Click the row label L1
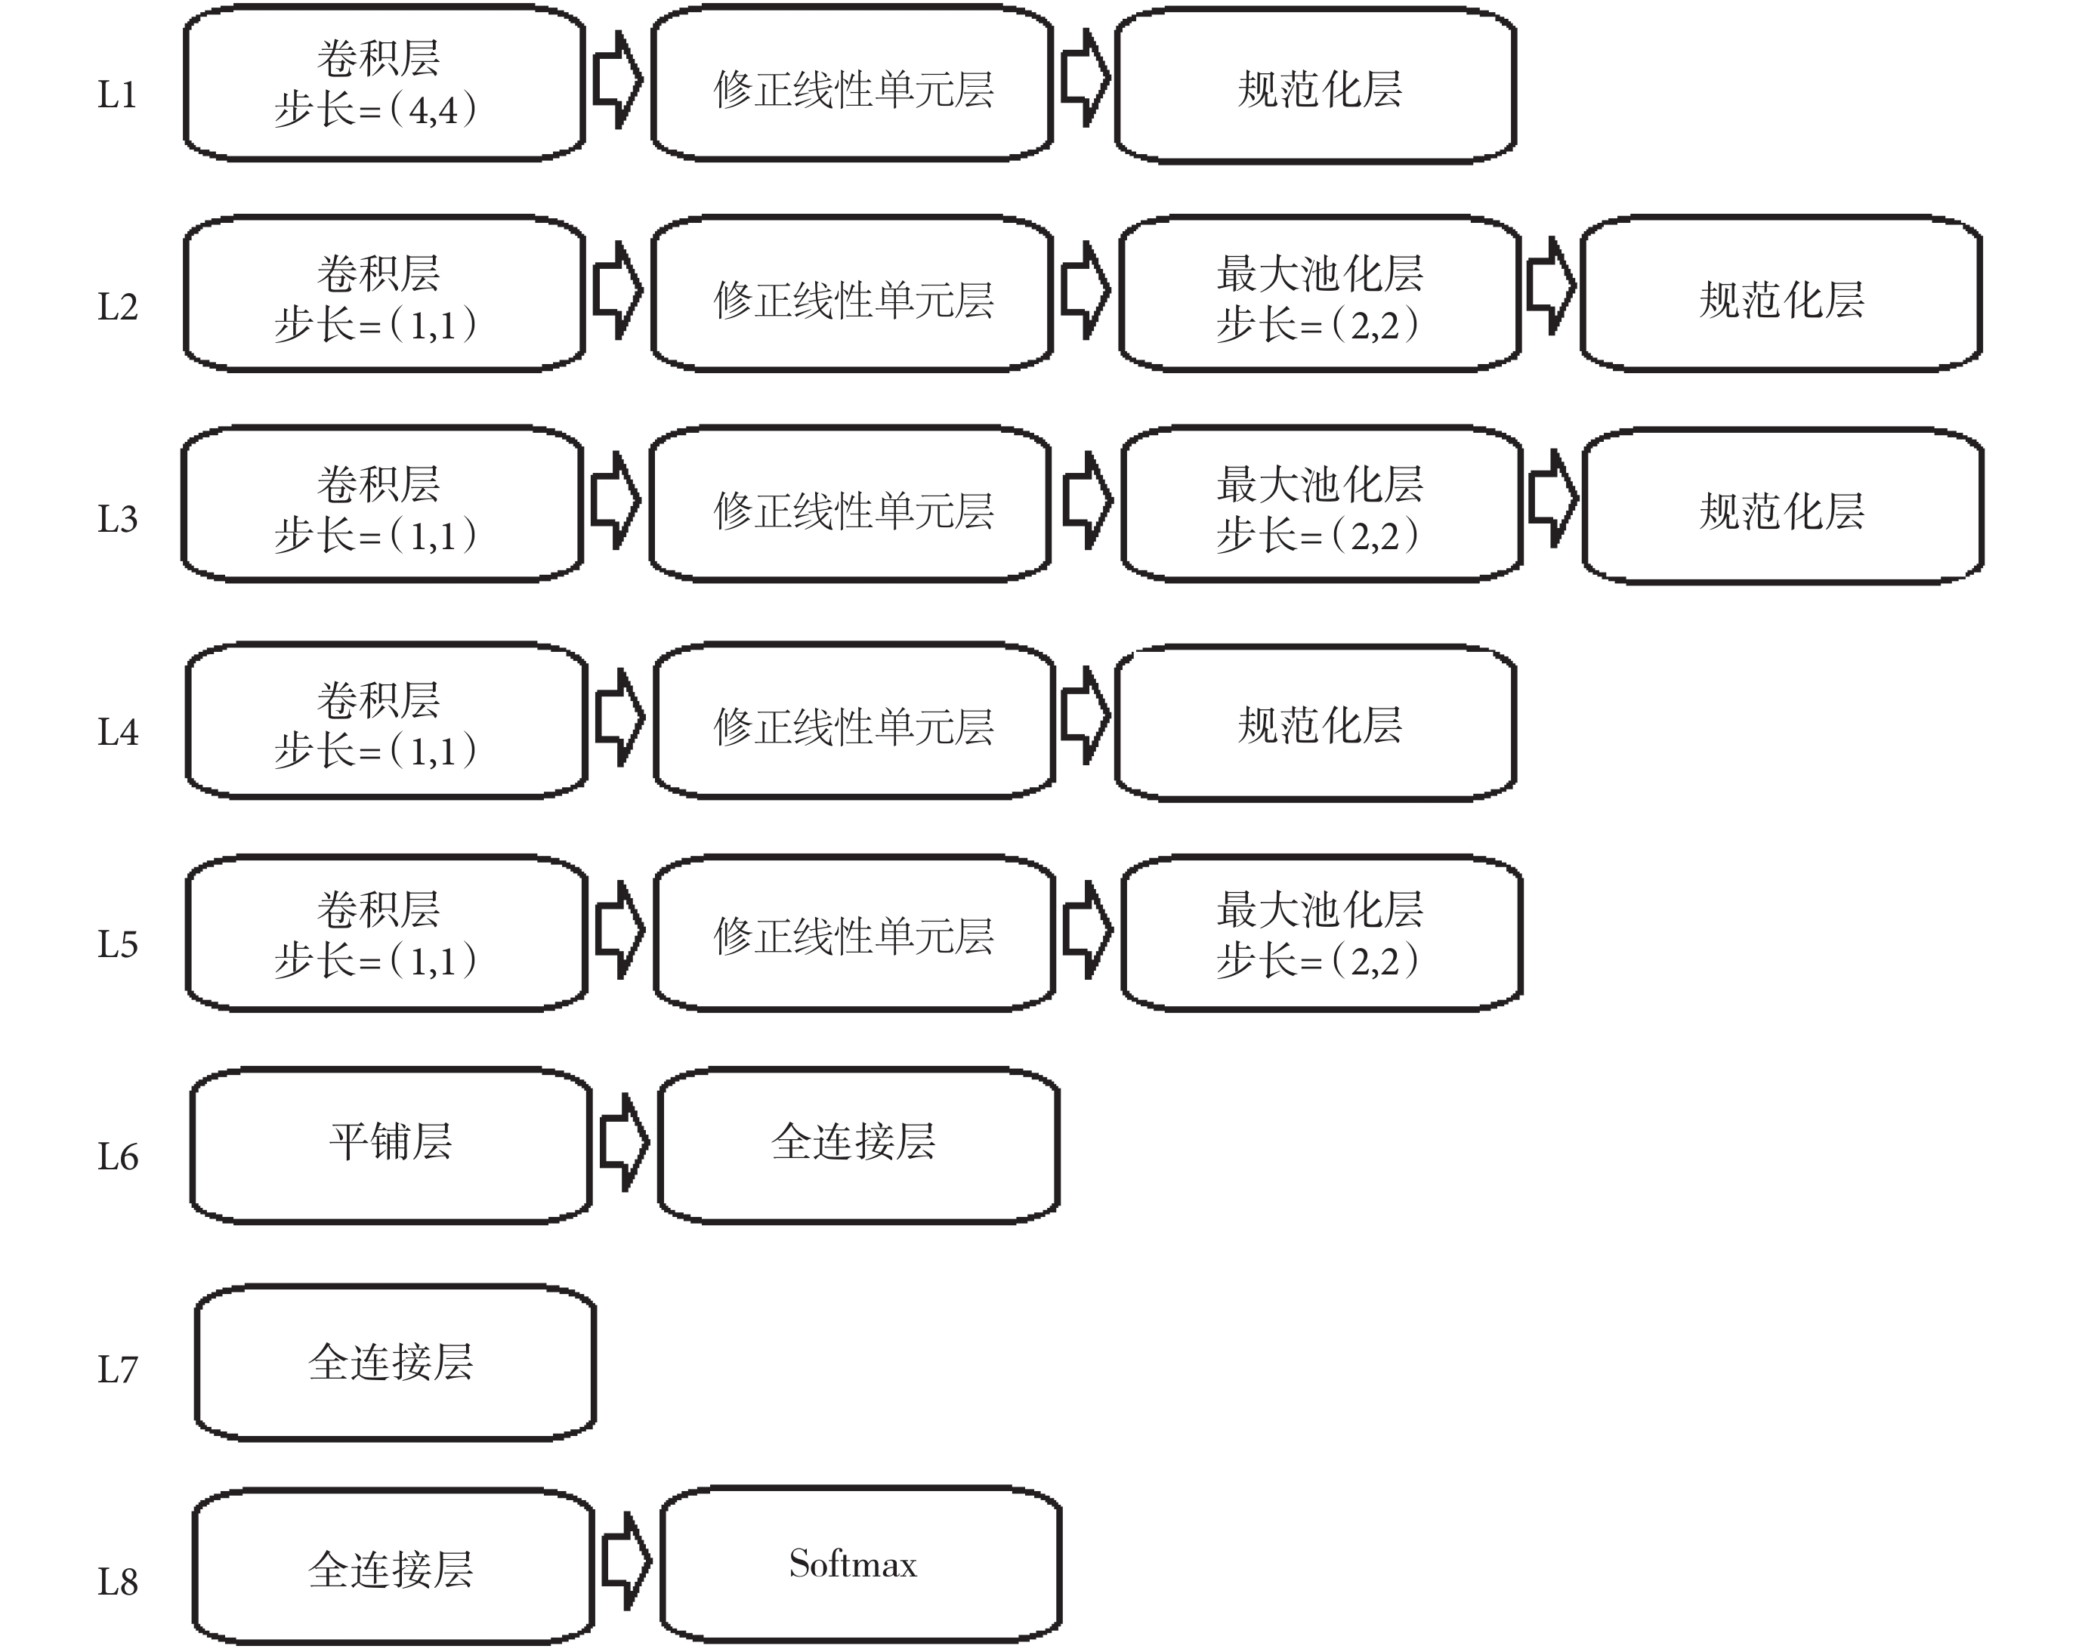point(117,94)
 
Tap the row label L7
point(117,1369)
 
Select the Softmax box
point(860,1564)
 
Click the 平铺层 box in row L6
point(391,1145)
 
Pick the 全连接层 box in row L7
point(395,1362)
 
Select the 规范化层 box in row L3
point(1783,506)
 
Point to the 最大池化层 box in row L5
point(1322,934)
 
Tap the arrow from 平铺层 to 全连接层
point(625,1142)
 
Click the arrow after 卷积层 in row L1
point(617,79)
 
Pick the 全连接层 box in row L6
point(858,1145)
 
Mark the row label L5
point(117,944)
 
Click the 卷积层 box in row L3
point(382,504)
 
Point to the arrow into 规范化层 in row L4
point(1086,715)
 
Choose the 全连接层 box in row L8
point(393,1567)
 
